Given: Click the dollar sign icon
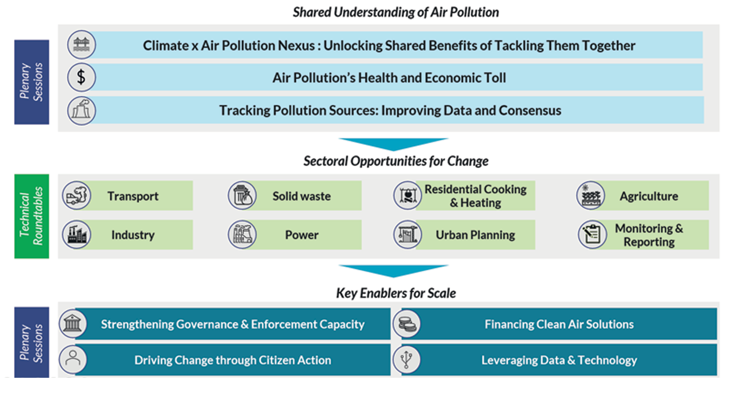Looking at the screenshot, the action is coord(82,78).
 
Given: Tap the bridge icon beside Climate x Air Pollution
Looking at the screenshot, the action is coord(82,45).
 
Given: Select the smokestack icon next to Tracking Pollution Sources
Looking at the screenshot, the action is coord(82,111).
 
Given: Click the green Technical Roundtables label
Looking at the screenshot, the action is coord(31,216).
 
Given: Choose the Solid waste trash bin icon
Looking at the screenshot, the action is coord(242,196).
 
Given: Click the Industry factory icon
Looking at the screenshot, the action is coord(77,235).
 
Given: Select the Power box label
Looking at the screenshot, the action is coord(302,235).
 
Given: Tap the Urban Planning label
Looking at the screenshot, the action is coord(475,235).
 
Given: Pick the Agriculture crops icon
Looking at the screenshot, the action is coord(591,196).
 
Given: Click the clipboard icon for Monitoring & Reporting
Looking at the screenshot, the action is coord(592,235).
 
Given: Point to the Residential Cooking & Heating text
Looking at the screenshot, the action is coord(475,196).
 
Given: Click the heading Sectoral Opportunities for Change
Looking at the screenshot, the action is coord(396,161).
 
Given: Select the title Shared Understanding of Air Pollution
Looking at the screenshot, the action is coord(396,12).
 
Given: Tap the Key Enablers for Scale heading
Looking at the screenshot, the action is coord(396,293).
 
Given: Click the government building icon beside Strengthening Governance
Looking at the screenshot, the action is coord(73,324).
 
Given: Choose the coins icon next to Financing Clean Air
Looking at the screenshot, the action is coord(407,324).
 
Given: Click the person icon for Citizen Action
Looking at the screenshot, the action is coord(73,360).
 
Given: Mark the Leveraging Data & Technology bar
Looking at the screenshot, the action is coord(559,360).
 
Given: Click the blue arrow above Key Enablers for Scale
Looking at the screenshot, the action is coord(393,270).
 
